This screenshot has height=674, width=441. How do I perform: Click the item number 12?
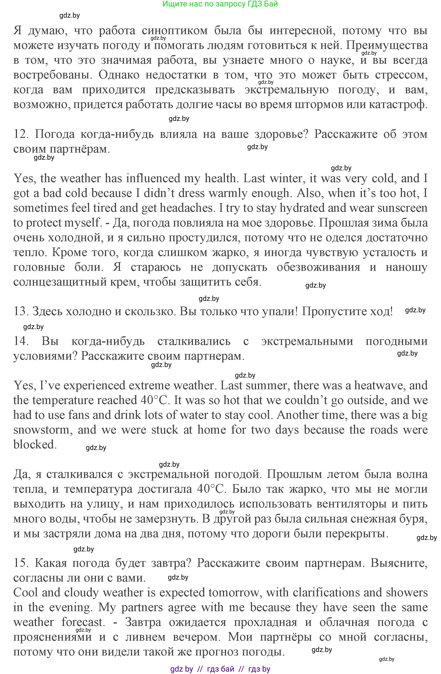(x=20, y=134)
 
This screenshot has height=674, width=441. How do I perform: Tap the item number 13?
(x=20, y=311)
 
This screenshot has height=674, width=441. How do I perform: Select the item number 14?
(x=20, y=341)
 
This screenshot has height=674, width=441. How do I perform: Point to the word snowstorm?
(x=43, y=430)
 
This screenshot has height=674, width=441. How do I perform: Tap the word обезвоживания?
(x=318, y=267)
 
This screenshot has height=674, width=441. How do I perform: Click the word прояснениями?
(x=53, y=637)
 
